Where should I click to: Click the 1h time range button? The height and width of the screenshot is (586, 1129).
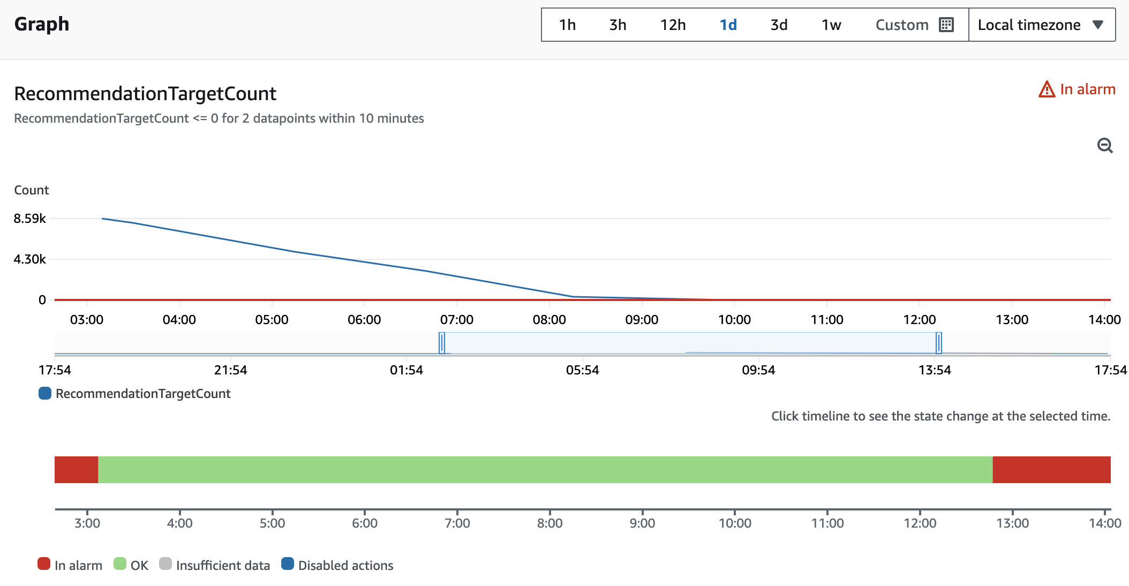point(567,25)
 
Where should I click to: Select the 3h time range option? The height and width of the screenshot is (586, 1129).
point(618,25)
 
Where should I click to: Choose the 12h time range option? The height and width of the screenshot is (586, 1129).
point(673,25)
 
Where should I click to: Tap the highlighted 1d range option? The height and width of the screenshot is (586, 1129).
point(728,25)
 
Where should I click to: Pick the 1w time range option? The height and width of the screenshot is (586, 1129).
point(831,25)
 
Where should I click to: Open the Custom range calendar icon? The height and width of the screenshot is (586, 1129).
point(946,25)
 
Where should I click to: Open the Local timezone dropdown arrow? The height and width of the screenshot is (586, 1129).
point(1098,25)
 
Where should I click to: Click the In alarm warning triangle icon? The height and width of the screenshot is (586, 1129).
point(1047,89)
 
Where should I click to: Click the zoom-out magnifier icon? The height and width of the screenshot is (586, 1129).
point(1105,145)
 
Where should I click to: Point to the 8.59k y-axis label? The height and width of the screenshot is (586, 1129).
point(30,219)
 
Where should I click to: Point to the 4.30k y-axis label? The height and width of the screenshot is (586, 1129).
point(30,259)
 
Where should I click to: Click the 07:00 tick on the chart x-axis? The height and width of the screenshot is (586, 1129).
point(457,320)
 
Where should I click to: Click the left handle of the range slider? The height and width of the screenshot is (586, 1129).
point(442,343)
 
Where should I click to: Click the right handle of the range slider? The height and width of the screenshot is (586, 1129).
point(939,343)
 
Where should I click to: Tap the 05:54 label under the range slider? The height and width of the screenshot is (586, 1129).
point(583,370)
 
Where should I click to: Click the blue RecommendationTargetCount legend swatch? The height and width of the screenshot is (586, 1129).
point(45,394)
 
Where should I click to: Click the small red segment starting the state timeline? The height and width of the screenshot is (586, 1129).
point(77,470)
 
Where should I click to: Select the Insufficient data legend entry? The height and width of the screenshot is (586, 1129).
point(215,565)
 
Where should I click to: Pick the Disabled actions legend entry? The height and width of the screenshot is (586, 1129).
point(337,565)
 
